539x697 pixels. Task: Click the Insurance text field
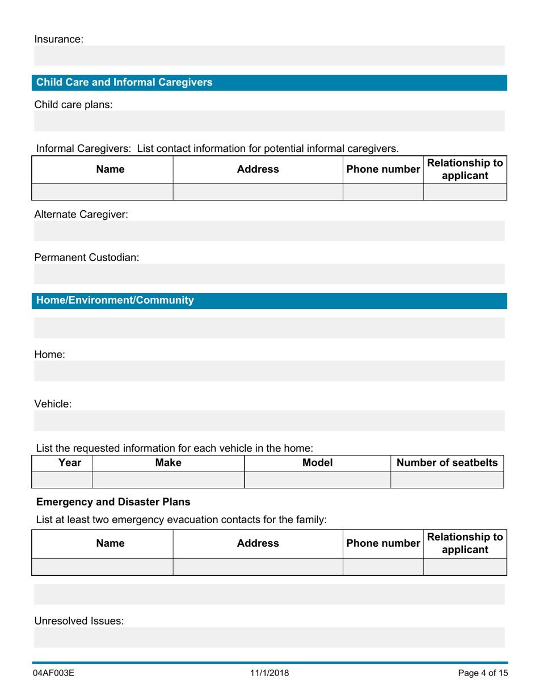(x=269, y=56)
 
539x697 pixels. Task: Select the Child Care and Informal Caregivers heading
(x=124, y=83)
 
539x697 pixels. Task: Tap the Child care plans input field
(x=269, y=121)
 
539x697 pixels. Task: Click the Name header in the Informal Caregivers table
(x=102, y=169)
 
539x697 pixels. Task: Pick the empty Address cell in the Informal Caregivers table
(x=258, y=192)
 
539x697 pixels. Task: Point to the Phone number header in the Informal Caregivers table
(x=384, y=169)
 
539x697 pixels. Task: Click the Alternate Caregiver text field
(x=269, y=231)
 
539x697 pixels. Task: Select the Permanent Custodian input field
(x=269, y=274)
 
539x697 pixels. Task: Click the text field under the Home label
(x=269, y=371)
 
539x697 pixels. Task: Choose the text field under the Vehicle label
(x=269, y=420)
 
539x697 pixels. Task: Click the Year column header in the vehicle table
(x=62, y=463)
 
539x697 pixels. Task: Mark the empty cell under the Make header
(x=168, y=480)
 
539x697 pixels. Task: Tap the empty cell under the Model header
(x=317, y=480)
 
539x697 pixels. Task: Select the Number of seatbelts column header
(x=447, y=463)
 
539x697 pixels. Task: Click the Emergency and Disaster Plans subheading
(x=113, y=502)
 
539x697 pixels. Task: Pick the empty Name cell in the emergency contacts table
(x=102, y=567)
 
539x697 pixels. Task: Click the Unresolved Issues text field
(x=269, y=637)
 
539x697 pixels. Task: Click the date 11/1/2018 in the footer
(x=269, y=673)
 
